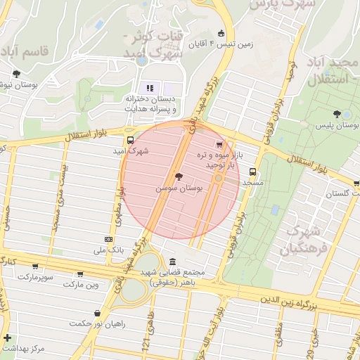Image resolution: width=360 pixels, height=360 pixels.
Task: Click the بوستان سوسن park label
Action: pyautogui.click(x=177, y=189)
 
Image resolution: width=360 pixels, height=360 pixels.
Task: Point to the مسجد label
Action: pyautogui.click(x=252, y=182)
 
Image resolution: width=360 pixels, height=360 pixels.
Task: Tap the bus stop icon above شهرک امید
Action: pyautogui.click(x=129, y=139)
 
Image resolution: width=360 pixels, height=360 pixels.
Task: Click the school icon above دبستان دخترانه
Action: pyautogui.click(x=149, y=88)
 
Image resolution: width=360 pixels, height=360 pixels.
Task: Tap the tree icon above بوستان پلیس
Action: pyautogui.click(x=337, y=113)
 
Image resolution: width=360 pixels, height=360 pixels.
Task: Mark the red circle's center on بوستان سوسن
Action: pyautogui.click(x=180, y=179)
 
